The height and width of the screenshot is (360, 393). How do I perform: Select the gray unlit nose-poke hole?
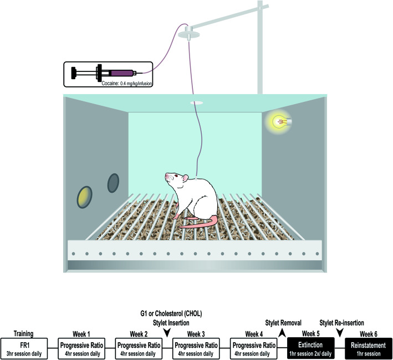click(113, 182)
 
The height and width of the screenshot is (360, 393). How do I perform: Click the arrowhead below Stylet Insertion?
click(167, 332)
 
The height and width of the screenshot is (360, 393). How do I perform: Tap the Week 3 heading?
click(196, 334)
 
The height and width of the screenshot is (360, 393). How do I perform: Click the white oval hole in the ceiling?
click(197, 104)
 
